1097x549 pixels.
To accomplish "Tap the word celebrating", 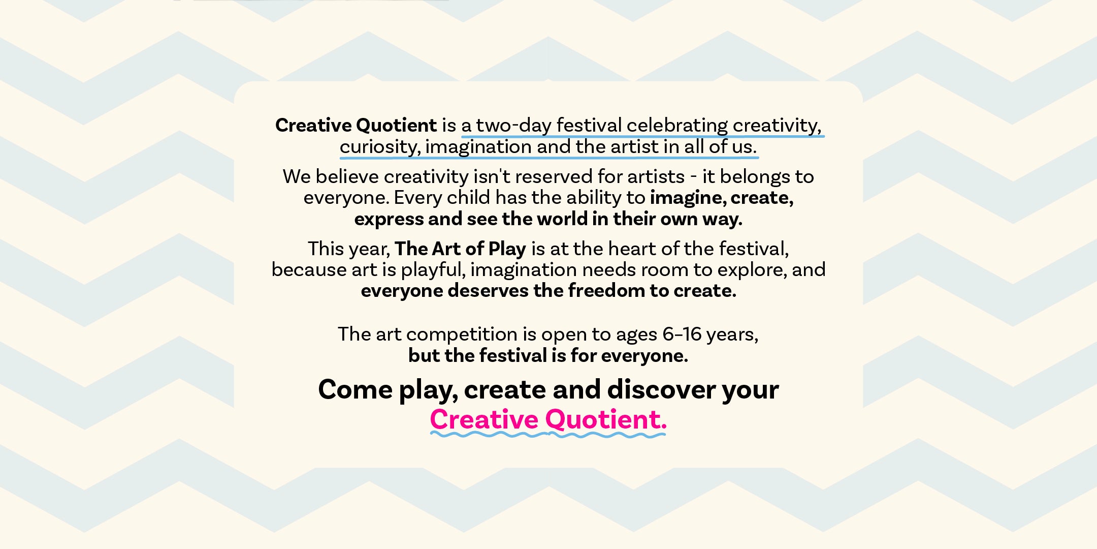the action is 677,126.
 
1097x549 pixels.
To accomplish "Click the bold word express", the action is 389,220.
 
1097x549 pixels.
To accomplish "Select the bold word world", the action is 562,219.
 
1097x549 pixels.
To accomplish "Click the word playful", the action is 433,270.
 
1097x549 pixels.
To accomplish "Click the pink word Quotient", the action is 605,420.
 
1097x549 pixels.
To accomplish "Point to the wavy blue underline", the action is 548,435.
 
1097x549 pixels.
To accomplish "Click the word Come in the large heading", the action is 356,390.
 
